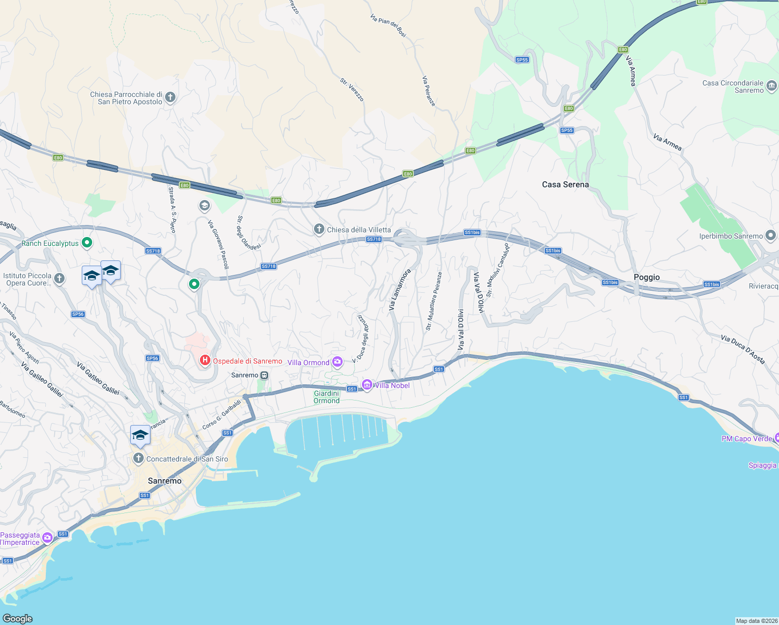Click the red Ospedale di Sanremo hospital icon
(x=205, y=360)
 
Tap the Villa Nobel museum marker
(x=367, y=385)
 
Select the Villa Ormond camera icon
(x=337, y=361)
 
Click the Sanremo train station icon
(x=265, y=375)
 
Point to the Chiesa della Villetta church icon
(x=319, y=229)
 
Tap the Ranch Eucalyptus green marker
(x=87, y=243)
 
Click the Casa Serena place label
(x=565, y=184)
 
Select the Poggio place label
(x=646, y=277)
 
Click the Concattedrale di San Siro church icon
(x=138, y=458)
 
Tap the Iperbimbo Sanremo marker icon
(x=771, y=235)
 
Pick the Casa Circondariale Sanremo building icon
(x=772, y=85)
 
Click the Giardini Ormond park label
(x=326, y=397)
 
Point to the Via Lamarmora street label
(x=399, y=290)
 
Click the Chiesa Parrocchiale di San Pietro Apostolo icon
(x=170, y=97)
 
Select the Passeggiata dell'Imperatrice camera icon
(x=47, y=537)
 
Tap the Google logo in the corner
(x=18, y=618)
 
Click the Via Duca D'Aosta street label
(x=743, y=349)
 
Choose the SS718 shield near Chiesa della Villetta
(x=374, y=239)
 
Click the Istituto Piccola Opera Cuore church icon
(x=59, y=279)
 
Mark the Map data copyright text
(x=756, y=621)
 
